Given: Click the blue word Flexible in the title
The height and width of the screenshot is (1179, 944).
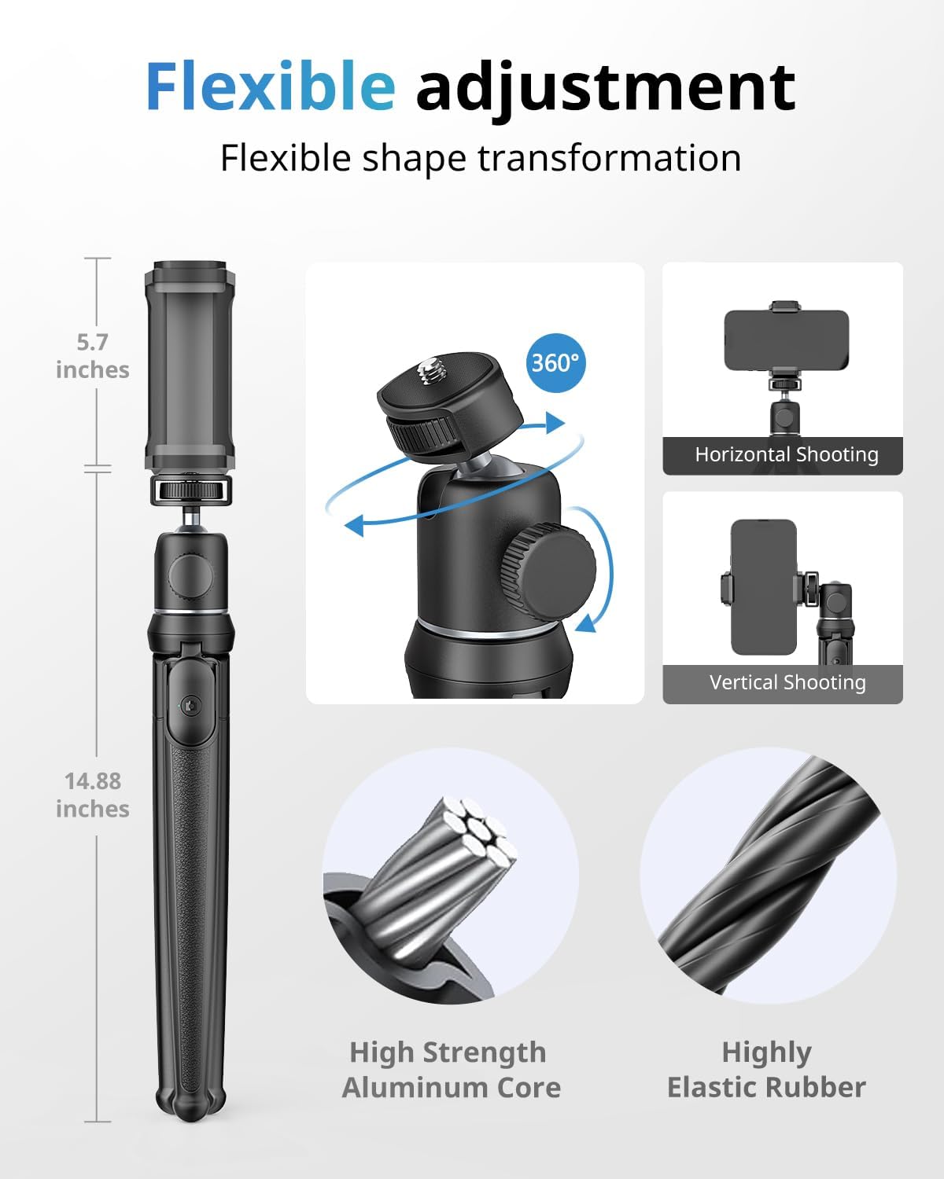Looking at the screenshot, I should click(x=270, y=86).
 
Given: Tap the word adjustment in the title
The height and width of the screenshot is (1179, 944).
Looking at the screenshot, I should click(x=605, y=88).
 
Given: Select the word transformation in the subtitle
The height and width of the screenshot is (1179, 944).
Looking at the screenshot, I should click(x=610, y=158).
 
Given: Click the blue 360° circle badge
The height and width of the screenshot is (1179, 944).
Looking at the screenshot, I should click(x=556, y=362).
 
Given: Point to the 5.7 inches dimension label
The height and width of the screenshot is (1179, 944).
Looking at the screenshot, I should click(x=92, y=356).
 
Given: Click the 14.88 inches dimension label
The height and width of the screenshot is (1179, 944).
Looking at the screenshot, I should click(x=92, y=795).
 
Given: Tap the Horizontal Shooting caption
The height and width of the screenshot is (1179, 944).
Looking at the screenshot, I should click(x=786, y=454).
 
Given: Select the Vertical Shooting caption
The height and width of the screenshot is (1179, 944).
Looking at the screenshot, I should click(x=787, y=682).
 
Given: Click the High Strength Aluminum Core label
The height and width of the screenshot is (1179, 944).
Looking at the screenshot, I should click(x=451, y=1070).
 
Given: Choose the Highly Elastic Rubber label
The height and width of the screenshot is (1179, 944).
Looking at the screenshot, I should click(x=766, y=1070).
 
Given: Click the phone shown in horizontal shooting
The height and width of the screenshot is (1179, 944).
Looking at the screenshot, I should click(x=786, y=340).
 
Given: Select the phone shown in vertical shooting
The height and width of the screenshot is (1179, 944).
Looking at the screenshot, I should click(x=763, y=587).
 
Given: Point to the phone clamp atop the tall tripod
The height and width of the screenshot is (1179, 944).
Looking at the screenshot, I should click(x=188, y=365).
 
